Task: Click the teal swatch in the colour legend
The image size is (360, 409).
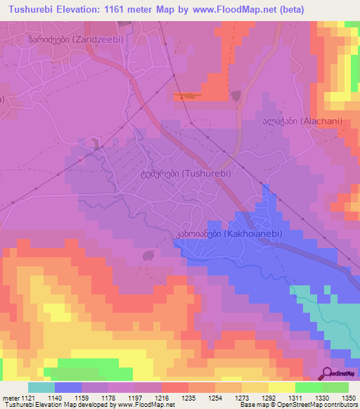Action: coord(41,387)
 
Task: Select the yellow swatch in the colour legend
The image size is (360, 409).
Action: coord(282,387)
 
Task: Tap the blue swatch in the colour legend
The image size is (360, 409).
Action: coord(68,387)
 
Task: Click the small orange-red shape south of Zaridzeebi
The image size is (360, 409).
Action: coord(187,95)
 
